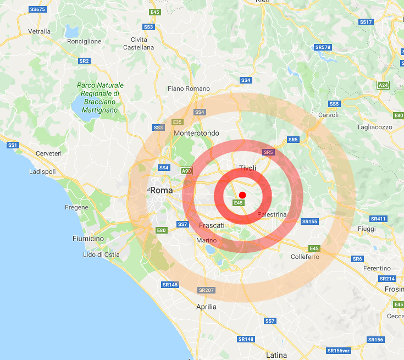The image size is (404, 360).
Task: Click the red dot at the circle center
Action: pyautogui.click(x=242, y=195)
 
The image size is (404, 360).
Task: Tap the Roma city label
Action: pyautogui.click(x=161, y=190)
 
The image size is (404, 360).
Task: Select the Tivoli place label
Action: pyautogui.click(x=248, y=168)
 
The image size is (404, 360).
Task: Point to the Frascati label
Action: pyautogui.click(x=212, y=225)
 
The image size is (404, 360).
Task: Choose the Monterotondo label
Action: pyautogui.click(x=196, y=133)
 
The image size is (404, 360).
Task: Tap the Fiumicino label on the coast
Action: pyautogui.click(x=88, y=239)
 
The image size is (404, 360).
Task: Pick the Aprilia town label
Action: pyautogui.click(x=206, y=307)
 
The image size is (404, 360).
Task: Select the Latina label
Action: pyautogui.click(x=276, y=355)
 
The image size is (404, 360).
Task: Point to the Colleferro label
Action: pyautogui.click(x=305, y=257)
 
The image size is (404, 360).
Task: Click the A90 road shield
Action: pyautogui.click(x=186, y=171)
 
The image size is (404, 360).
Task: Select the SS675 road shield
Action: pyautogui.click(x=37, y=9)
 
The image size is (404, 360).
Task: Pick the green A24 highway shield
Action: pyautogui.click(x=383, y=85)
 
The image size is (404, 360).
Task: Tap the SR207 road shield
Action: pyautogui.click(x=206, y=290)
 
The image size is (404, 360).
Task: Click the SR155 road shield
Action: pyautogui.click(x=309, y=221)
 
